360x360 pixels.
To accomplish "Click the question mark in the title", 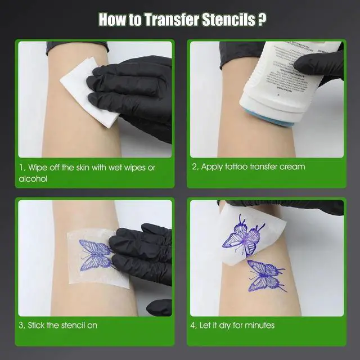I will tap(261, 19).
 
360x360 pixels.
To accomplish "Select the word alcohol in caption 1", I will tap(33, 179).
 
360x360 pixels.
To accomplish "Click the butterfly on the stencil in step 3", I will tap(94, 253).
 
